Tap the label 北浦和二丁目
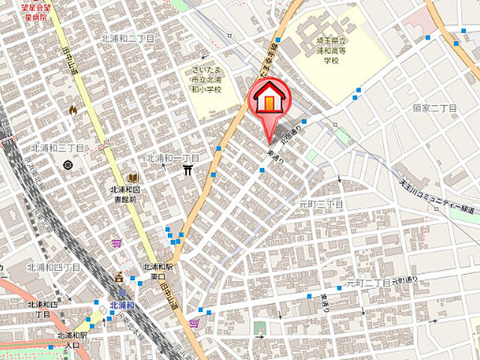click(128, 37)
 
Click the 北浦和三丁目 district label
click(58, 148)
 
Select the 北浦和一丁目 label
click(173, 158)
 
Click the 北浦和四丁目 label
click(54, 267)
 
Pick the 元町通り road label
click(403, 280)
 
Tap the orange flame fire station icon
click(73, 110)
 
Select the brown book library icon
click(133, 178)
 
